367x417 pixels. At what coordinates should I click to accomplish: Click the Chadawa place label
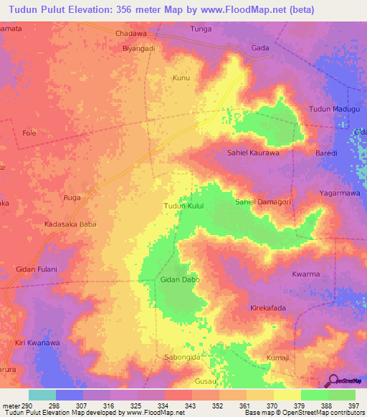pos(131,34)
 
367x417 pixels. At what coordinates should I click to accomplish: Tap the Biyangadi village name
pos(139,49)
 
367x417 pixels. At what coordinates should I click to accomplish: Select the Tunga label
pos(201,29)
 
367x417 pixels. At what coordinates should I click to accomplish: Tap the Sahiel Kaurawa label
pos(252,153)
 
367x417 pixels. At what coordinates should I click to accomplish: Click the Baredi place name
pos(327,153)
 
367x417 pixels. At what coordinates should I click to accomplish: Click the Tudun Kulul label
pos(184,206)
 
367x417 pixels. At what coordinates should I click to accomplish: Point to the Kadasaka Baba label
pos(70,224)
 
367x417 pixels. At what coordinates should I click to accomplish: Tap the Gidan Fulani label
pos(36,269)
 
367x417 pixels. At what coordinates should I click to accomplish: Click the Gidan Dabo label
pos(180,279)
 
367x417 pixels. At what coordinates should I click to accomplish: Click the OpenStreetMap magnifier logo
pos(333,380)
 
